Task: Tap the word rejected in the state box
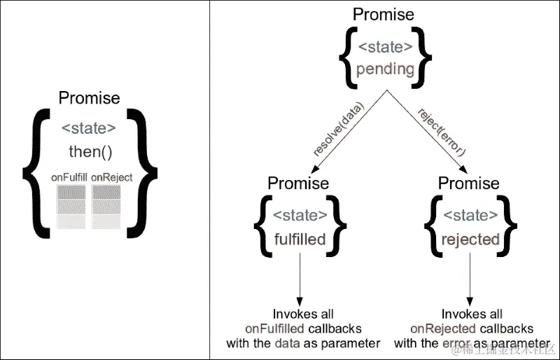click(470, 240)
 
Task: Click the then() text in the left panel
click(89, 151)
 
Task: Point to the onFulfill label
click(69, 178)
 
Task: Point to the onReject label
click(111, 178)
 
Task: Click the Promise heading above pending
click(383, 14)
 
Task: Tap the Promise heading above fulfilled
click(298, 184)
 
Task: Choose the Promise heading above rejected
click(469, 184)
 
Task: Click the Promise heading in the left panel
click(89, 98)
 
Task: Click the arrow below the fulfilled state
click(300, 280)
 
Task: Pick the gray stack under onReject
click(109, 207)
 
